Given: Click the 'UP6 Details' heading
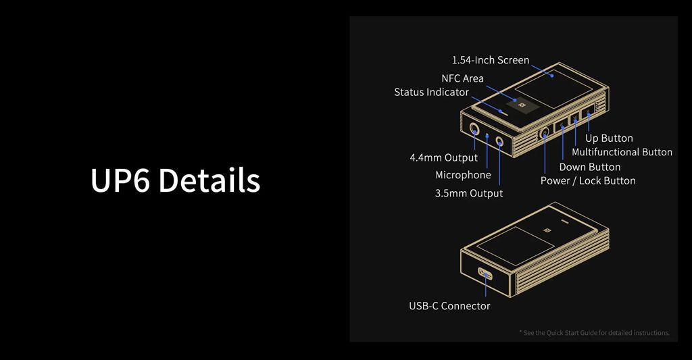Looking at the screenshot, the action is coord(175,180).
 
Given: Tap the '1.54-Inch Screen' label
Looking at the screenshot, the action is coord(491,60).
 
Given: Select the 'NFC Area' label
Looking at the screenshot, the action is coord(462,78).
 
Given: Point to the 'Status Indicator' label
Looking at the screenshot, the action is coord(431,93).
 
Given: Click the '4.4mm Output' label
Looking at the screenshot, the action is coord(443,158).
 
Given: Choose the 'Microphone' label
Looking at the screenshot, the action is coord(463,175).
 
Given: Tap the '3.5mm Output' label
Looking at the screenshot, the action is coord(469,193).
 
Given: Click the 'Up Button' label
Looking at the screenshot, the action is coord(609,138).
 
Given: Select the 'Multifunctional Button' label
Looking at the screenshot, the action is coord(622,152).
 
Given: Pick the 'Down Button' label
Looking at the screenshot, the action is coord(589,168).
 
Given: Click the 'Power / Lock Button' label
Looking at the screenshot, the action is coord(588,181).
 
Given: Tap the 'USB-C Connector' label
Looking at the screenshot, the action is coord(449,306).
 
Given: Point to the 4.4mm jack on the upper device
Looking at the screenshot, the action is coord(474,130).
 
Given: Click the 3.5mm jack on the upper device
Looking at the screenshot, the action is coord(499,142).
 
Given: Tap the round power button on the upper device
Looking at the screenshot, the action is coord(545,132).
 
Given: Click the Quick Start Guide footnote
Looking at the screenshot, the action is coord(594,333).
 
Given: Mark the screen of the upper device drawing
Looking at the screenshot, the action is coord(554,88).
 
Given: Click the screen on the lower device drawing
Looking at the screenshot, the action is coord(516,246).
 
